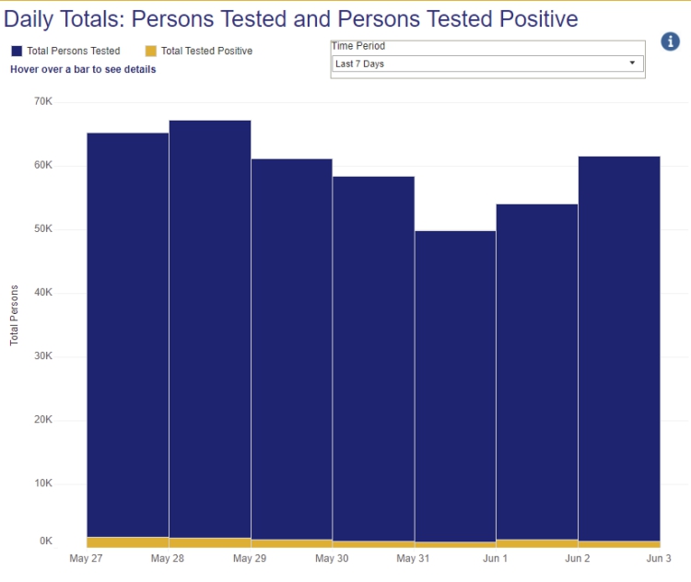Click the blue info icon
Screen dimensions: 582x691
point(671,41)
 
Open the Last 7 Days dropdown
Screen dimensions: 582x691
point(486,64)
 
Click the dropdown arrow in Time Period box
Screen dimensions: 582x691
point(632,64)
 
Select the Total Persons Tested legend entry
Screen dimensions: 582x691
point(65,52)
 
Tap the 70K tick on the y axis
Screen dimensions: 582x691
point(43,101)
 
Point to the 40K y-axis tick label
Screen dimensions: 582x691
point(43,293)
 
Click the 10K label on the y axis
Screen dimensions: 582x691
point(43,483)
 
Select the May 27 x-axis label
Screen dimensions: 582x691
point(86,558)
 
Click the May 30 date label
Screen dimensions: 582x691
point(332,558)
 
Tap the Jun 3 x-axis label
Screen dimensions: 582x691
point(660,558)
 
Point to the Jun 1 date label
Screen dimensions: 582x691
point(496,558)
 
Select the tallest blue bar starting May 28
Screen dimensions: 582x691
point(210,322)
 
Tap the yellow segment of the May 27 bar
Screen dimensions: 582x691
point(127,542)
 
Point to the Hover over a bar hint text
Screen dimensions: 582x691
point(83,69)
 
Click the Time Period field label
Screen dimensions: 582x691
point(358,45)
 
